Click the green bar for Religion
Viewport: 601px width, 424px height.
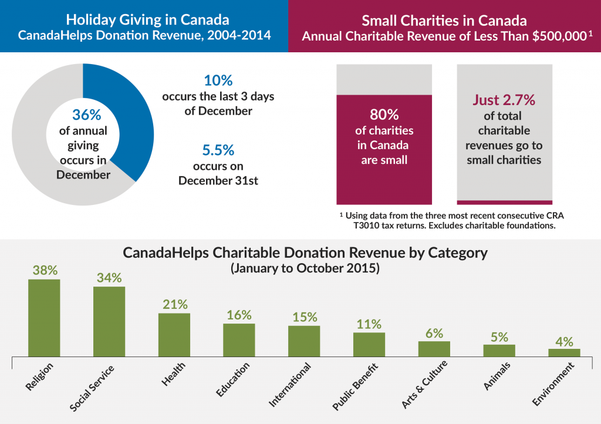coord(44,317)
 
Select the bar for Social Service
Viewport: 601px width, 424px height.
coord(109,321)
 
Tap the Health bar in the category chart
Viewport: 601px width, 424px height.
coord(174,334)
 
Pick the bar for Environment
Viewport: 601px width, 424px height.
coord(564,352)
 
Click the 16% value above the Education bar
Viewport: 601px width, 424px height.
coord(239,315)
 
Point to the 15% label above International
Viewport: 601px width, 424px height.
coord(304,318)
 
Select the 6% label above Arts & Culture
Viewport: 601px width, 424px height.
coord(434,333)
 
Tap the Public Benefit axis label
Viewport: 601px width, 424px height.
coord(355,387)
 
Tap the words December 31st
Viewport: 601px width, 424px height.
coord(218,180)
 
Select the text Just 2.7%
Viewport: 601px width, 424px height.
coord(504,100)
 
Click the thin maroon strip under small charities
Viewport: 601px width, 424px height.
coord(504,202)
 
